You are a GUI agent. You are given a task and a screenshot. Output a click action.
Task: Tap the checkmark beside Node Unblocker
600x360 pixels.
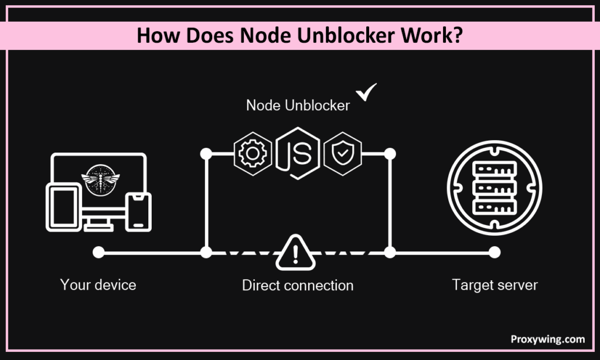[x=367, y=93]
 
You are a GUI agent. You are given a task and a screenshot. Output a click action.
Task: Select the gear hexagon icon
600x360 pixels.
[x=253, y=154]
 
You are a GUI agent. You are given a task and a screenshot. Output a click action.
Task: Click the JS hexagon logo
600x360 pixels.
[x=298, y=153]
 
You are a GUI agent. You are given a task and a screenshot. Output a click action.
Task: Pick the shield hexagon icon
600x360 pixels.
[x=342, y=154]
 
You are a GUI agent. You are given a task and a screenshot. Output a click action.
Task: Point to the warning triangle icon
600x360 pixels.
[x=295, y=253]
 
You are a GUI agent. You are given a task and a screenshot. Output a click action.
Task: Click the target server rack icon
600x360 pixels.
[x=495, y=184]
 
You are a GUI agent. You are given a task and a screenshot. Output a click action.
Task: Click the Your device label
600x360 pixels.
[x=98, y=286]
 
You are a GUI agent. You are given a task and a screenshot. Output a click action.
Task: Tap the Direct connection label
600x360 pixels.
[x=298, y=286]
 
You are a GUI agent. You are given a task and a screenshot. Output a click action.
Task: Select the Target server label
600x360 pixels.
[x=495, y=286]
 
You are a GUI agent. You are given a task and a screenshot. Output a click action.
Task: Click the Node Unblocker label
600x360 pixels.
[x=298, y=106]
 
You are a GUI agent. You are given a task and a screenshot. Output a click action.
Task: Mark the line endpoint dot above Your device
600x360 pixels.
[x=98, y=253]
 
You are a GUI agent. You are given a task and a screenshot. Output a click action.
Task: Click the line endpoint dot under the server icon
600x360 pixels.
[x=495, y=253]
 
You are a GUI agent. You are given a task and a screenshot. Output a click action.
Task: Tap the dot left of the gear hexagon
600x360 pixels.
[x=206, y=154]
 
